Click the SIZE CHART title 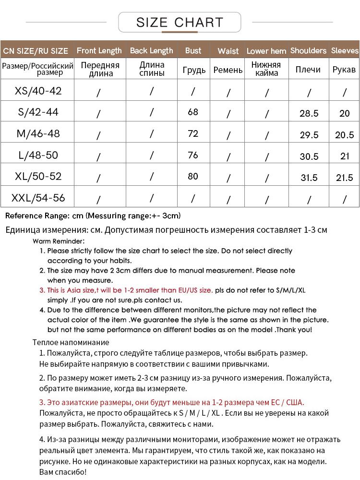tap(180, 22)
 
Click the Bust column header tap(193, 50)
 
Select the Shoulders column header tap(308, 50)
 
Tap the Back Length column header tap(151, 50)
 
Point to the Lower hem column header tap(266, 51)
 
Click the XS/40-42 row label tap(38, 91)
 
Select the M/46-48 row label tap(38, 133)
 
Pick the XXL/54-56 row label tap(38, 197)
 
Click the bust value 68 tap(193, 112)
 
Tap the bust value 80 tap(193, 176)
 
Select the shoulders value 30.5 tap(309, 156)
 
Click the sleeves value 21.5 tap(344, 178)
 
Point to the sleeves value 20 tap(344, 113)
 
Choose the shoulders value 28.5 tap(309, 113)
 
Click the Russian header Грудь tap(194, 70)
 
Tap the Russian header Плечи tap(308, 70)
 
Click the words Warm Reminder tap(59, 241)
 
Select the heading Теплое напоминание tap(71, 342)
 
